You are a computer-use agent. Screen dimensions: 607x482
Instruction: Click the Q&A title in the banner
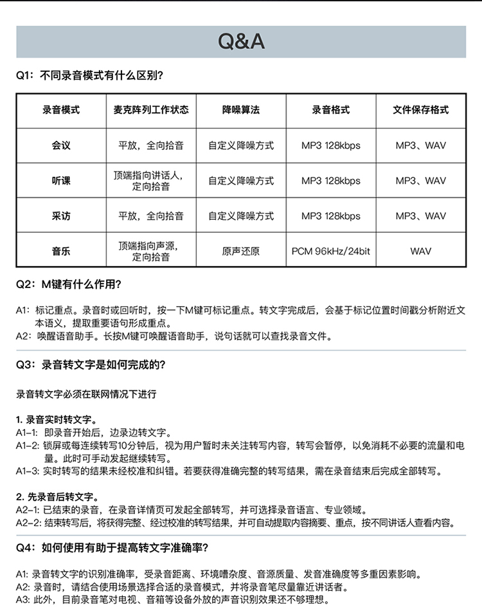(x=241, y=41)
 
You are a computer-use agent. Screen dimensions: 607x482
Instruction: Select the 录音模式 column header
(x=61, y=110)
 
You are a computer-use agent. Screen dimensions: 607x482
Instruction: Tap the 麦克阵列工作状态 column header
(x=151, y=110)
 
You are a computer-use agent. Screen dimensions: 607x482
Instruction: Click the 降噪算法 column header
(x=241, y=110)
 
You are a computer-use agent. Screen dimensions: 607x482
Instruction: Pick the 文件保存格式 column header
(x=420, y=110)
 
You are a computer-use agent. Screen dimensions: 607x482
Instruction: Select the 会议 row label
(x=61, y=145)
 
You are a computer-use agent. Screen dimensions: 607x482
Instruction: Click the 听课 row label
(x=61, y=181)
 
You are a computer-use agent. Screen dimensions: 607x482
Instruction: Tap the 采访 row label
(x=61, y=216)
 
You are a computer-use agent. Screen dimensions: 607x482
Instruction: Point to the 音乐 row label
(x=61, y=251)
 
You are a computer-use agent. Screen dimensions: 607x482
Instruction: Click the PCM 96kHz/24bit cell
(x=331, y=251)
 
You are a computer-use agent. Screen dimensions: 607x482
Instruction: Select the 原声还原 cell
(x=241, y=251)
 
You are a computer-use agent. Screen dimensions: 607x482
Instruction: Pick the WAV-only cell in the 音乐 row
(x=420, y=251)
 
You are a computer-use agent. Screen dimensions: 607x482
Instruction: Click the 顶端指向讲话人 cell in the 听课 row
(x=151, y=181)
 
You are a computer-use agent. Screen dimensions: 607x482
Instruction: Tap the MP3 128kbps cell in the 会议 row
(x=331, y=145)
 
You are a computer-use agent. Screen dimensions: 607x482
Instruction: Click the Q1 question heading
(x=89, y=75)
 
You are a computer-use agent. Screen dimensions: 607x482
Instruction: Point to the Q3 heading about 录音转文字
(x=91, y=365)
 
